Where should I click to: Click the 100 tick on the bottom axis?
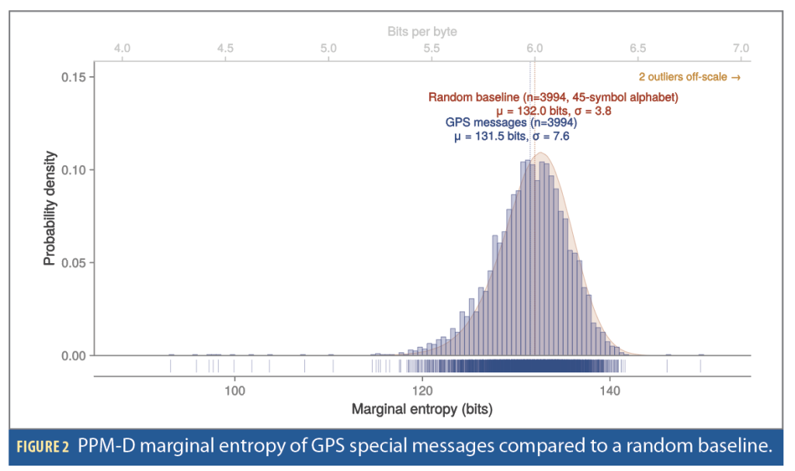pos(234,391)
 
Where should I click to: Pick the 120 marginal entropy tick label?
pos(422,391)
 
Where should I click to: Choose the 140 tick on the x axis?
pos(610,391)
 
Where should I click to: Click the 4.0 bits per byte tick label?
pos(122,48)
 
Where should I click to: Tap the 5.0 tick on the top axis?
pos(328,48)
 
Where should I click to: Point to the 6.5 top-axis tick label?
pos(638,48)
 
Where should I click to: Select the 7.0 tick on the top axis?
pos(741,48)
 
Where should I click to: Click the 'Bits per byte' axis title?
pos(422,32)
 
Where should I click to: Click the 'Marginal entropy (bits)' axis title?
pos(422,409)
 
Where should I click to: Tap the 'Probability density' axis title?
pos(49,209)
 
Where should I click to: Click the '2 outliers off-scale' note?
pos(689,77)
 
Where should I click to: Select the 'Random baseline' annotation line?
pos(553,97)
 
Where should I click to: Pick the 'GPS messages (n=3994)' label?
pos(511,123)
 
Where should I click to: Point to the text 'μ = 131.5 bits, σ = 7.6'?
pos(512,137)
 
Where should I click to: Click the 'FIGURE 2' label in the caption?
pos(43,447)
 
